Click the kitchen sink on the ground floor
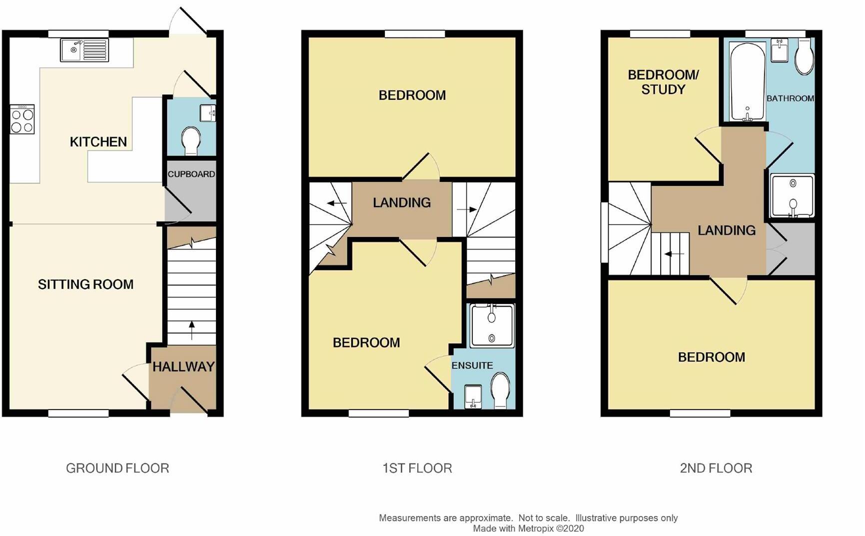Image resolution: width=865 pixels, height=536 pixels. point(84,50)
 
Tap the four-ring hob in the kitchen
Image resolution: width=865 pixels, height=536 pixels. point(22,119)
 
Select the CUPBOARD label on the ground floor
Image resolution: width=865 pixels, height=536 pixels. point(191,174)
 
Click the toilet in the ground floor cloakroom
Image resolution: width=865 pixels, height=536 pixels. point(191,140)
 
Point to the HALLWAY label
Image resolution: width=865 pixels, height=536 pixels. point(183,367)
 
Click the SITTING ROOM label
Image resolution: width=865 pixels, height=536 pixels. point(85,284)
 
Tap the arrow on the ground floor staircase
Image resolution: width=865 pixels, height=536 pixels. point(191,330)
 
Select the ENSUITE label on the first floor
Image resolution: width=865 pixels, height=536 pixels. point(472,365)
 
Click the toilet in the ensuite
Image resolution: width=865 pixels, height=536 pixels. point(500,391)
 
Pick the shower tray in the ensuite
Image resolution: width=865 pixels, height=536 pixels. point(492,325)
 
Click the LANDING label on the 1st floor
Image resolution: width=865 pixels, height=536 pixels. point(401,202)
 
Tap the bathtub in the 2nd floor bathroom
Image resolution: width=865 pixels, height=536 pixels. point(747,81)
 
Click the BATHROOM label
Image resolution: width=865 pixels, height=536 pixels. point(790,98)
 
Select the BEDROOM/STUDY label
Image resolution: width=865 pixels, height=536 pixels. point(663,82)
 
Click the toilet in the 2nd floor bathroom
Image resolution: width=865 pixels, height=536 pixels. point(804,57)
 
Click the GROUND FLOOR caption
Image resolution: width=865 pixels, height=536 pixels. point(117,468)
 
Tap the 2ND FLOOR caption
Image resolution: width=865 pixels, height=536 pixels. point(716,468)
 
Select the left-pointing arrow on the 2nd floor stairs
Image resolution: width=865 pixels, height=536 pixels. point(674,254)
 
